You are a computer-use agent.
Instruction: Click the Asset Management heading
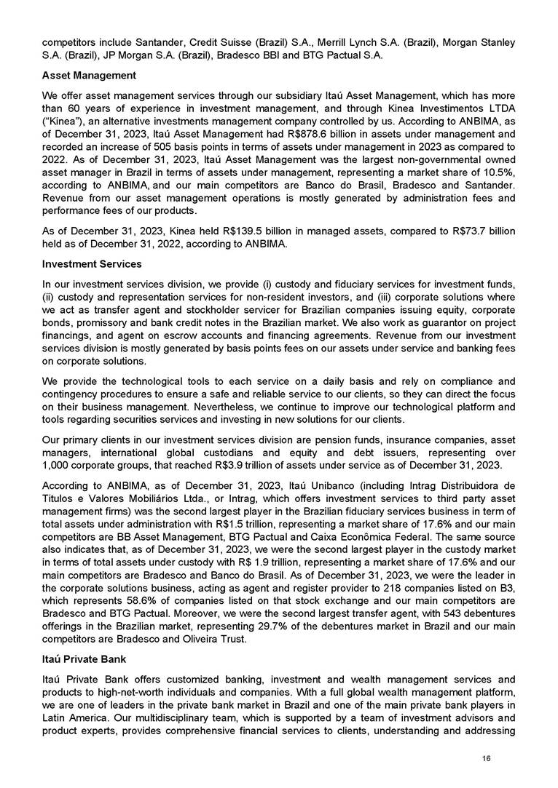pyautogui.click(x=89, y=75)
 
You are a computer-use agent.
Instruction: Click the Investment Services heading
pyautogui.click(x=92, y=263)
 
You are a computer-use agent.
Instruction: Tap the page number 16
pyautogui.click(x=487, y=758)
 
